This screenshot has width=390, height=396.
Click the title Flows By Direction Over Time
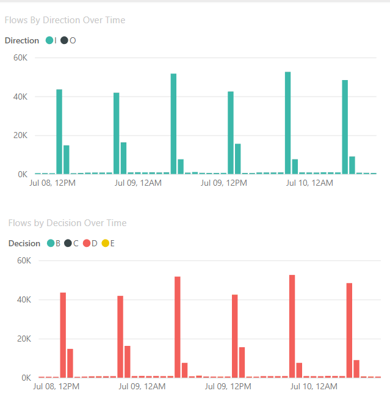(x=65, y=20)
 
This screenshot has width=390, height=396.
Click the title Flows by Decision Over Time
(x=67, y=223)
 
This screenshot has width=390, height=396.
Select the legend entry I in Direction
(x=52, y=40)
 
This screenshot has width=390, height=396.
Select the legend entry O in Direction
(x=69, y=40)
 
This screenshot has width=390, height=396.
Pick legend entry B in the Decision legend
(x=54, y=243)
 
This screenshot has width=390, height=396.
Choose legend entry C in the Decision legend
(x=71, y=243)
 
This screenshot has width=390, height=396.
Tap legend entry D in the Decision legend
(x=90, y=243)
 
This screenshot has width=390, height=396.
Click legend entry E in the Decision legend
(x=108, y=243)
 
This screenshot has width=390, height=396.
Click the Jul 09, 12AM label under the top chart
(x=137, y=183)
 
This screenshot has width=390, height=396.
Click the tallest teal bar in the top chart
(x=287, y=123)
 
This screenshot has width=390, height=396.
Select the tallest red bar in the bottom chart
(x=292, y=326)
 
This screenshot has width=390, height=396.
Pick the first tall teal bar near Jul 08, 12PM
(x=59, y=131)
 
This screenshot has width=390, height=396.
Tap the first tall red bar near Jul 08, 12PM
(x=63, y=335)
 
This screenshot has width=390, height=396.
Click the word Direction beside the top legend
(x=23, y=40)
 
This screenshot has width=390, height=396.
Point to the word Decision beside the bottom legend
(x=24, y=243)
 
